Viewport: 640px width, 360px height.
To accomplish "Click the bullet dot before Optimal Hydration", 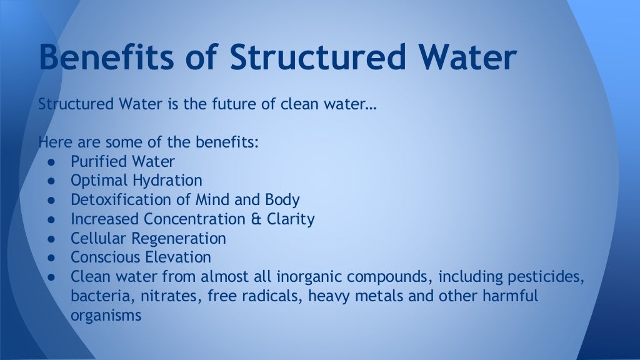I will click(x=53, y=181).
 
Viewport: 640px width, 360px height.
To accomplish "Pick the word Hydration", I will click(x=167, y=181).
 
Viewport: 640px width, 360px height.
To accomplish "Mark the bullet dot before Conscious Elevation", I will click(x=53, y=257).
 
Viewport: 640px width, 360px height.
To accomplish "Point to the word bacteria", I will click(x=96, y=296).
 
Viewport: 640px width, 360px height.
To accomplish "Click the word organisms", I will click(x=106, y=315).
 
